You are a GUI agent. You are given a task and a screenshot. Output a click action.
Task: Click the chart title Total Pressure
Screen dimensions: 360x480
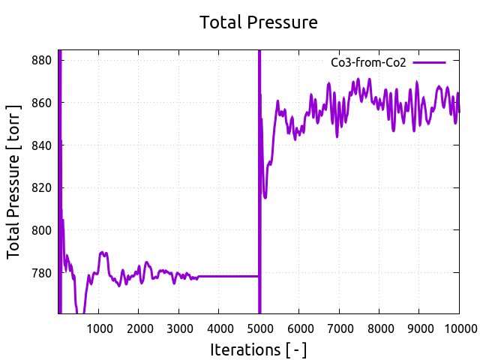[259, 22]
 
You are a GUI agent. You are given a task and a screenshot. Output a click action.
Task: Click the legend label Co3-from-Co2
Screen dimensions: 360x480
[368, 63]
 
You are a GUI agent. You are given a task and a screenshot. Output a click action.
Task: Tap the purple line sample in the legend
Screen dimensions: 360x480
[429, 63]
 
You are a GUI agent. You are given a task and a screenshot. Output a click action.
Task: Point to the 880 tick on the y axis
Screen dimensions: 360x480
[41, 60]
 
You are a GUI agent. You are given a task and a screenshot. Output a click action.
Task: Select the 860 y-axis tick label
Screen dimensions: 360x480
[41, 102]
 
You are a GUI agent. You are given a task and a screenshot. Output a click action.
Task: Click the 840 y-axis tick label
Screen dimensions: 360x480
[41, 145]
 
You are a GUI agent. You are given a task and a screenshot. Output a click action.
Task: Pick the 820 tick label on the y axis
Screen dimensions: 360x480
[41, 187]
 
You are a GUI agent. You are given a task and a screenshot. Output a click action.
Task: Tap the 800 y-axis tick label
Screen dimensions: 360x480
[41, 230]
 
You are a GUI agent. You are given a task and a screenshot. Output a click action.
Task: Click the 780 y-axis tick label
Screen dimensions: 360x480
[41, 273]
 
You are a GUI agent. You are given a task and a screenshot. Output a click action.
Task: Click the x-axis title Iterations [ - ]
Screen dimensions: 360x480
[259, 349]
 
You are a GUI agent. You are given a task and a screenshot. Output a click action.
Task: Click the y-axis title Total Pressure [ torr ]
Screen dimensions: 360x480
[14, 182]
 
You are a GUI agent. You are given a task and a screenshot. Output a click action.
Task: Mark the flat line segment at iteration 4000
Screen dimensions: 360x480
[219, 276]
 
